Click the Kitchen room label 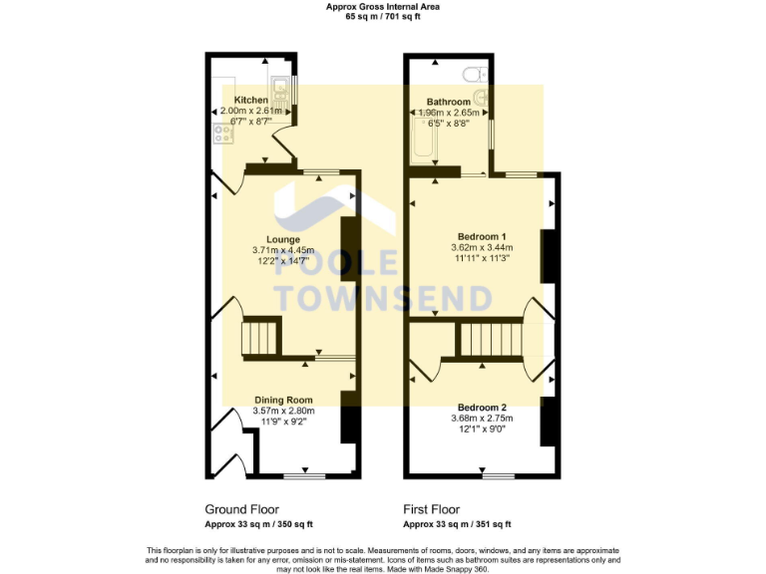tap(250, 100)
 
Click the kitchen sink tap(280, 90)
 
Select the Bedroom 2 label tap(482, 407)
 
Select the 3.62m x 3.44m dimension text tap(482, 246)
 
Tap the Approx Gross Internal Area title tap(383, 6)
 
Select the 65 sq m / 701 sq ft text tap(383, 17)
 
